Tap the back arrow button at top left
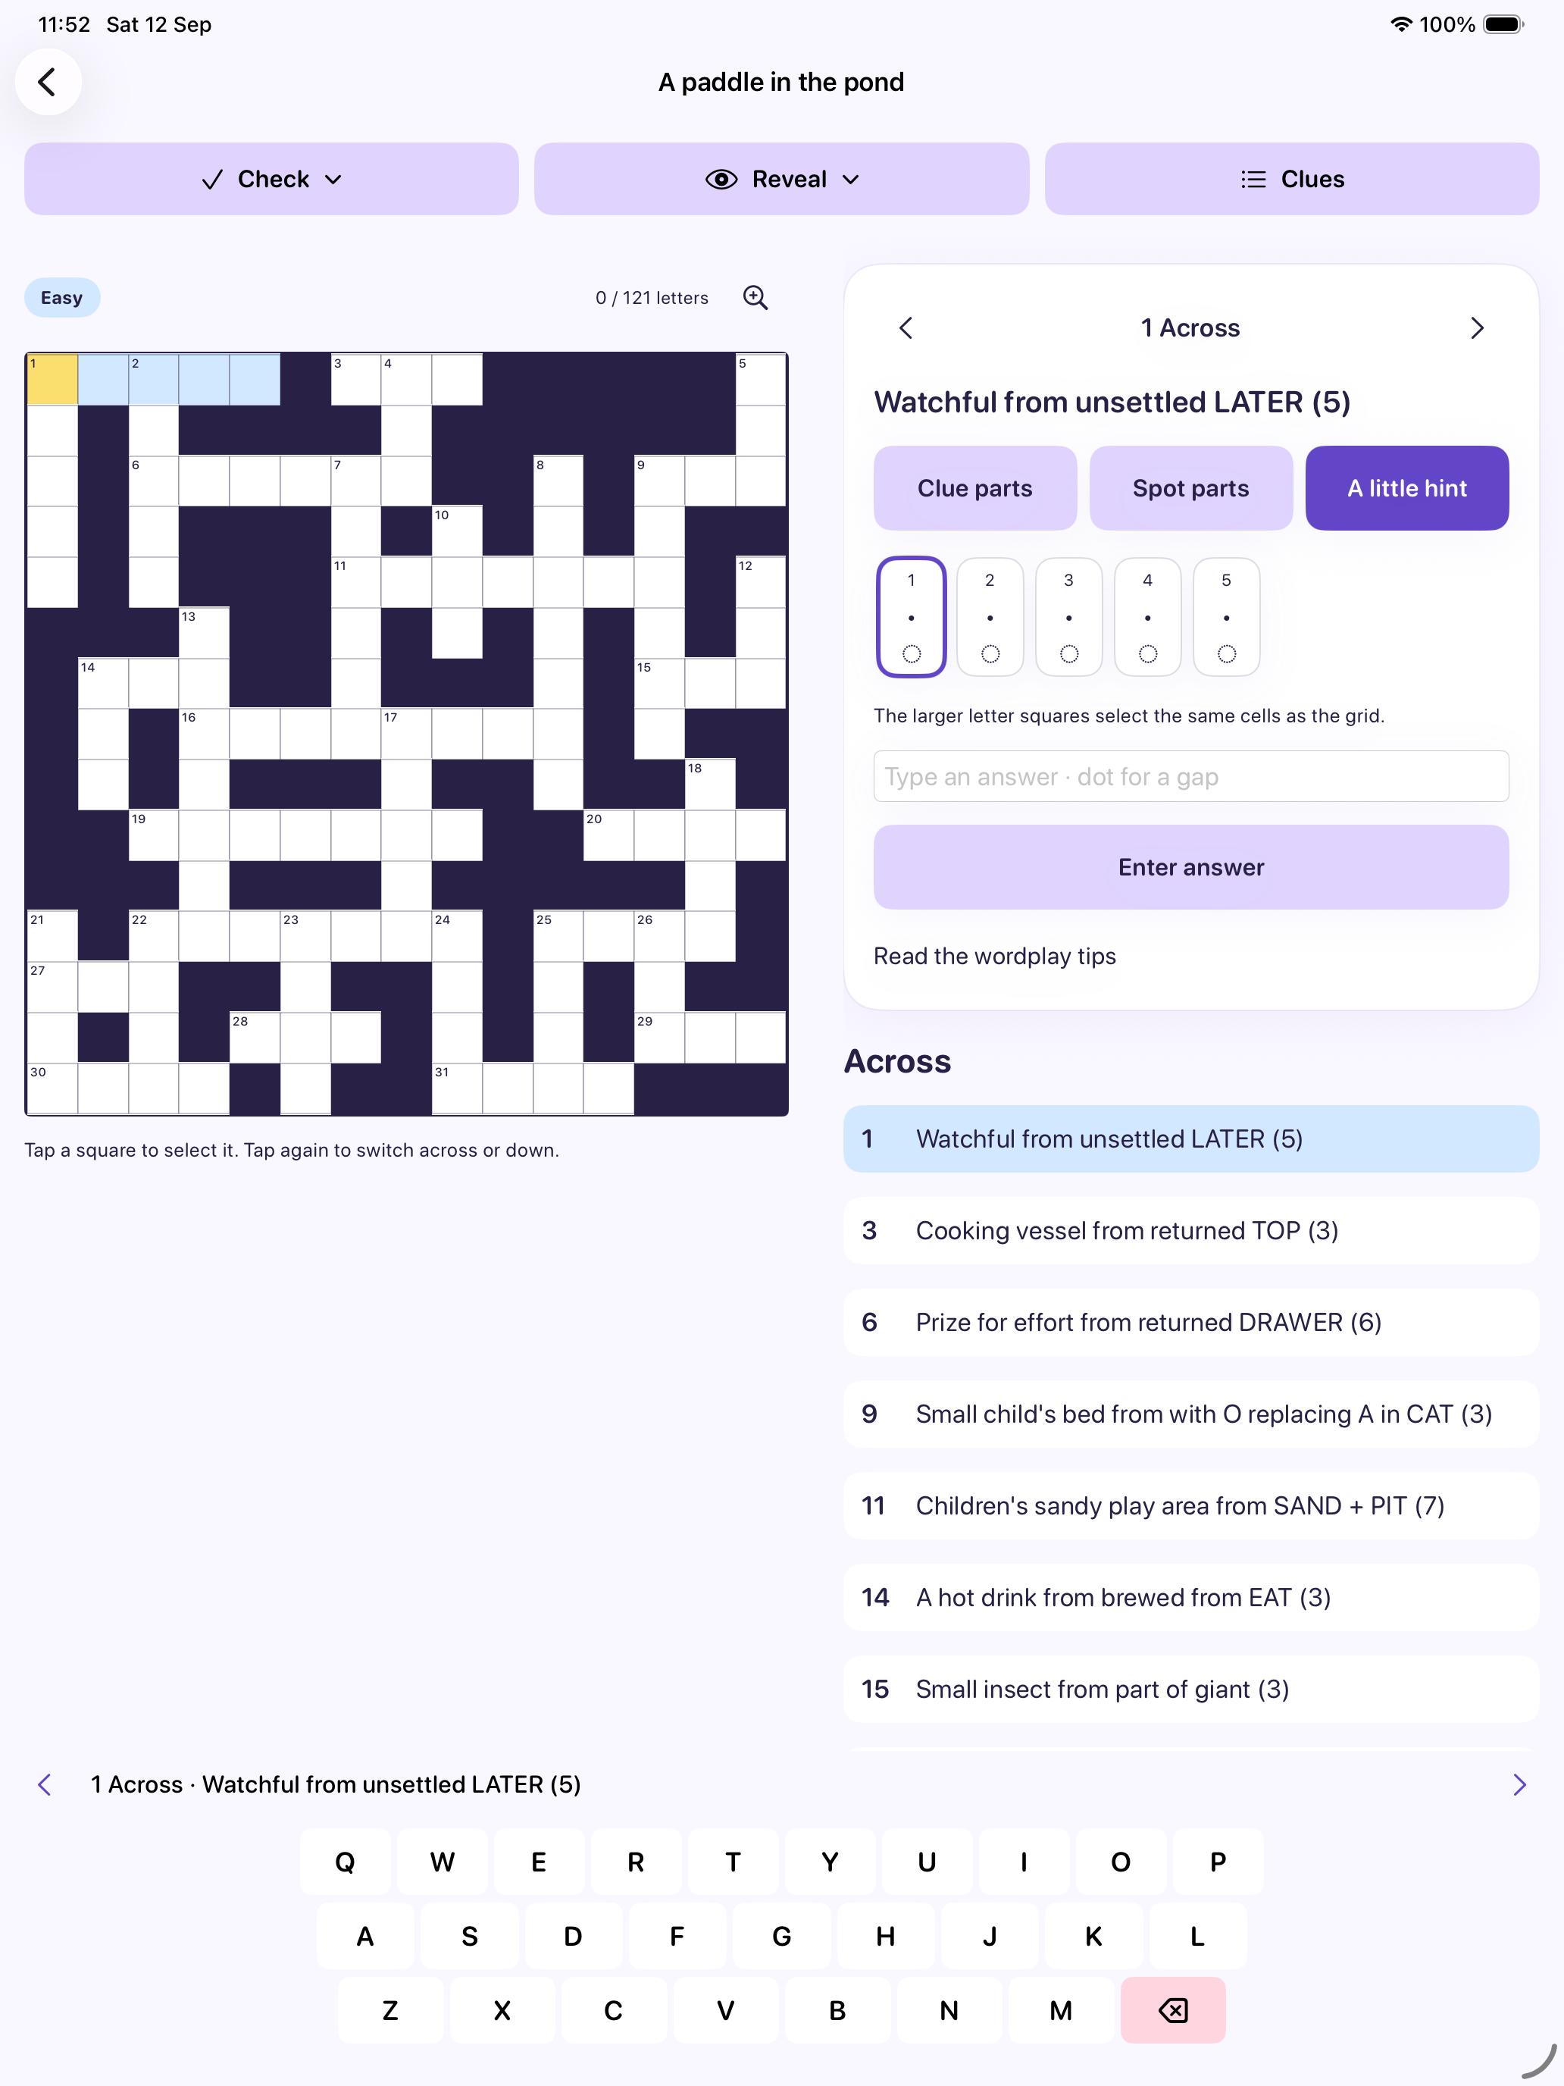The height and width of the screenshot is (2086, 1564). click(48, 82)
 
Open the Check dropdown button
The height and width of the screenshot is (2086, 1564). click(271, 179)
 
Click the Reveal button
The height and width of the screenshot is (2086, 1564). click(781, 179)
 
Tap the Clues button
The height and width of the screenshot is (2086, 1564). click(1291, 179)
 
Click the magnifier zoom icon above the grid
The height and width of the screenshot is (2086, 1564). click(755, 298)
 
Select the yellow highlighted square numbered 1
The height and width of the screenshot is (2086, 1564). click(53, 380)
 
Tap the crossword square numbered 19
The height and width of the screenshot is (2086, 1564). click(154, 835)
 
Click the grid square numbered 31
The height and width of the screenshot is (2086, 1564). click(457, 1088)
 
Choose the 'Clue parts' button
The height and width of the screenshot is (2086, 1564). click(974, 488)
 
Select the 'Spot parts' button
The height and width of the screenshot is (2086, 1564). click(1190, 488)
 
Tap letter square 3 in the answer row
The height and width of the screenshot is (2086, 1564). click(1069, 617)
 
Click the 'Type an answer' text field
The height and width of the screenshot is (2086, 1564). click(1190, 776)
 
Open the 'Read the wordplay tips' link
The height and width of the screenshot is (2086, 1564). click(995, 957)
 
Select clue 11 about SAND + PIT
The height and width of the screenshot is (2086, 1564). click(1190, 1506)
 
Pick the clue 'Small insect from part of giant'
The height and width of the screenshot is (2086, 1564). click(1190, 1689)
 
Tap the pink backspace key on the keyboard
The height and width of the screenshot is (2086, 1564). click(1173, 2010)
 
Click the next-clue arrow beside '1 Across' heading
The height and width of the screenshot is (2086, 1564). click(1478, 328)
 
